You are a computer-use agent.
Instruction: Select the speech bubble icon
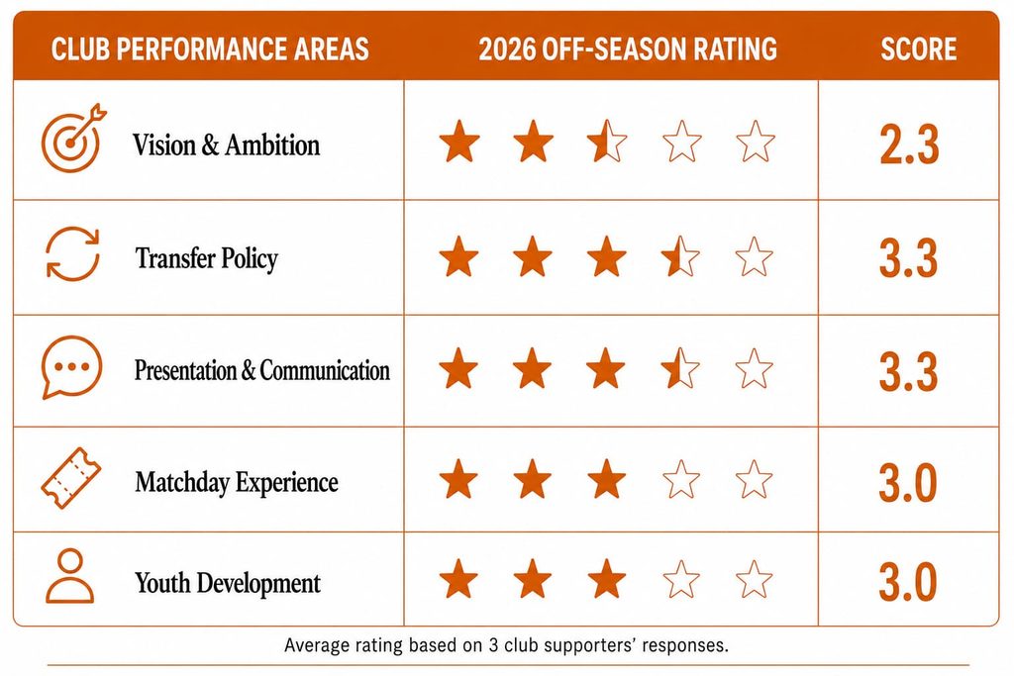coord(71,366)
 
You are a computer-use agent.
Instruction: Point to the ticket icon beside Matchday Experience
coord(71,478)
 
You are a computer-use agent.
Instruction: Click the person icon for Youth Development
coord(70,576)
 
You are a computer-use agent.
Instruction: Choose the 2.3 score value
coord(909,145)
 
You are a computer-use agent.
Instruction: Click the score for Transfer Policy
coord(908,258)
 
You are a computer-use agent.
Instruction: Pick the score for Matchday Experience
coord(908,482)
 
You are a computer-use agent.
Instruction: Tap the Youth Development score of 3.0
coord(908,582)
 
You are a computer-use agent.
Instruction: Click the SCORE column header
coord(918,49)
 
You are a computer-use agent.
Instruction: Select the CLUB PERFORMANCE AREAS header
coord(210,49)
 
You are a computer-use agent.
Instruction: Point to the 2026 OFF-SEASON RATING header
coord(628,49)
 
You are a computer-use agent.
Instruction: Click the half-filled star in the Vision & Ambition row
coord(607,141)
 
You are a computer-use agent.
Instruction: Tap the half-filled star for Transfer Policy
coord(680,256)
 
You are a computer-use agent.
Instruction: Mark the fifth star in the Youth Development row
coord(754,579)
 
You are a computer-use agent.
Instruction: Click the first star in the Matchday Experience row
coord(458,479)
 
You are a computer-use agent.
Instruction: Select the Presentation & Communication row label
coord(261,370)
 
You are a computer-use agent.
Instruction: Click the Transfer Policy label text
coord(206,258)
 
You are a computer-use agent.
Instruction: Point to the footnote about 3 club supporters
coord(506,645)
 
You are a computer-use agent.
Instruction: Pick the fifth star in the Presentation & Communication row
coord(754,369)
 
